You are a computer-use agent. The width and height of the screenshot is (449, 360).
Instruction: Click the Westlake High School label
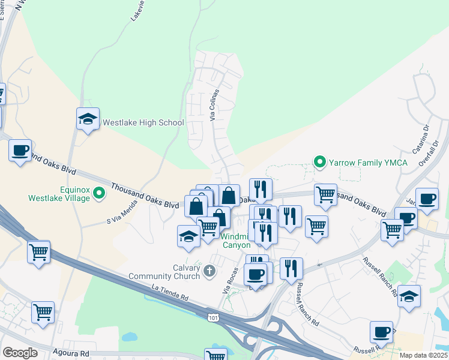(143, 122)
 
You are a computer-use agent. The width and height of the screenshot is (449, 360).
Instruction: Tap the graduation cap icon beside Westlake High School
(88, 119)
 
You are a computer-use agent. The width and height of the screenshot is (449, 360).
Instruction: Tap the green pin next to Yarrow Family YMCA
(320, 162)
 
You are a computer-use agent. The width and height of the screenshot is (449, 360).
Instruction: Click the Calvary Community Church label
(163, 272)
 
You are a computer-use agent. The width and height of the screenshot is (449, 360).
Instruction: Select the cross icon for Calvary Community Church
(209, 272)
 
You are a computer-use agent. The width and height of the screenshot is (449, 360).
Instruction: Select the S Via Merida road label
(121, 212)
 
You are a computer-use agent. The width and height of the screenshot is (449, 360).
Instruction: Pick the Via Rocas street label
(228, 281)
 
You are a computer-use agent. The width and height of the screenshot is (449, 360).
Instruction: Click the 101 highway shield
(213, 317)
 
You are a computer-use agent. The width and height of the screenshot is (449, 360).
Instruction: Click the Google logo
(20, 353)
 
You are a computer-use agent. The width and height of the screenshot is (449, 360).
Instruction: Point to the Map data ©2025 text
(423, 355)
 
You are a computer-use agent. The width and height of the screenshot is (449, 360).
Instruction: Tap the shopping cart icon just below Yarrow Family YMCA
(325, 194)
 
